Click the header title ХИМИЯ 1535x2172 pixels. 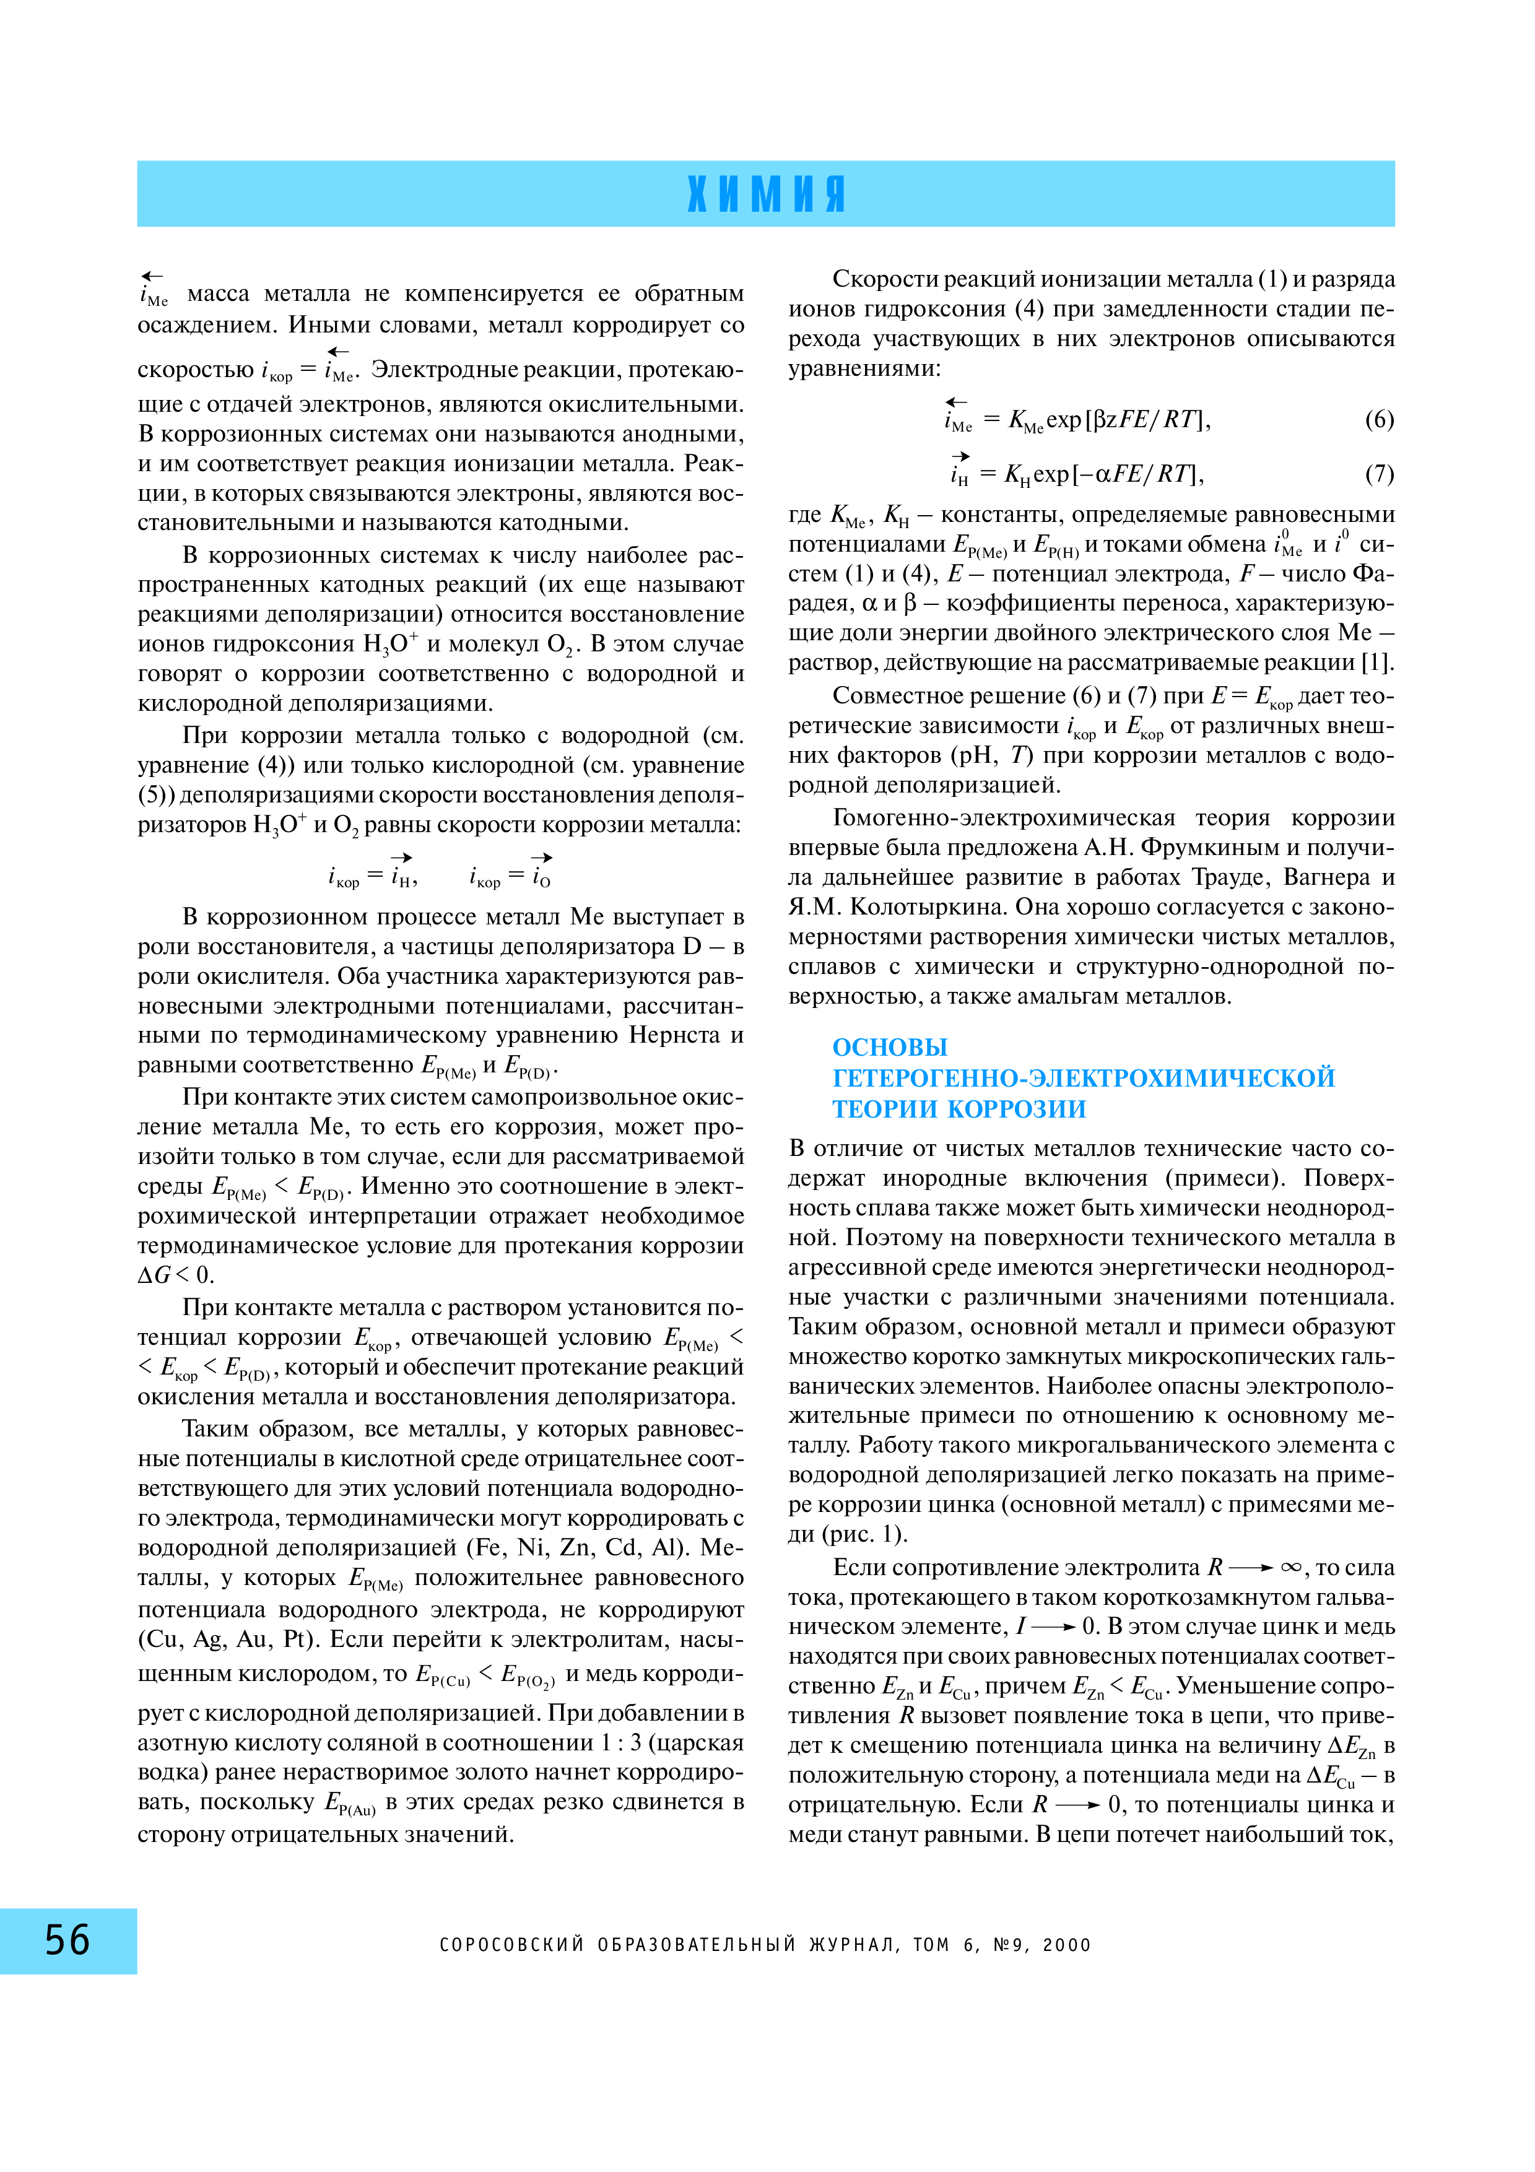[x=766, y=194]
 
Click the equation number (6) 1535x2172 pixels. [x=1378, y=419]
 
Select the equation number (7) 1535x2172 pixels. [x=1378, y=473]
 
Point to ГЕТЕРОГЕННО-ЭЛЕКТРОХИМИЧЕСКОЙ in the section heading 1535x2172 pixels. [x=1083, y=1077]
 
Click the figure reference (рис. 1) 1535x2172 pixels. [x=846, y=1534]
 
